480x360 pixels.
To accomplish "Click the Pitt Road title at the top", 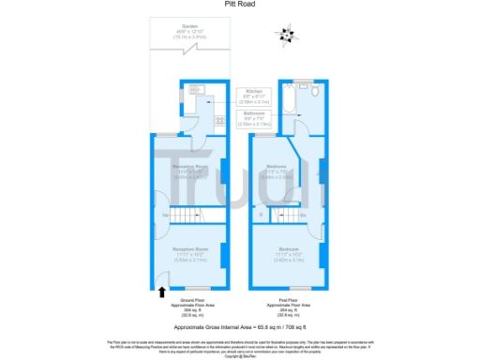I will click(239, 5).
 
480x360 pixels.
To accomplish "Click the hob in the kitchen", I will click(217, 119).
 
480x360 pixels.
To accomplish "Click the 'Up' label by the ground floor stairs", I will click(165, 217).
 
